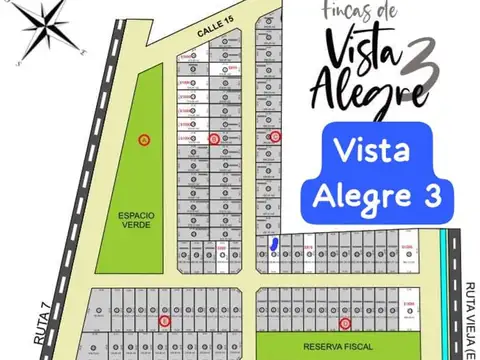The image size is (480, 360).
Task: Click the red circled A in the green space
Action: pos(144,139)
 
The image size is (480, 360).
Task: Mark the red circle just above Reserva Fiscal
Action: pos(345,323)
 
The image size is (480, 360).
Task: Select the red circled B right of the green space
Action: pos(214,139)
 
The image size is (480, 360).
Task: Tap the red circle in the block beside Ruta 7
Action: pos(165,322)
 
